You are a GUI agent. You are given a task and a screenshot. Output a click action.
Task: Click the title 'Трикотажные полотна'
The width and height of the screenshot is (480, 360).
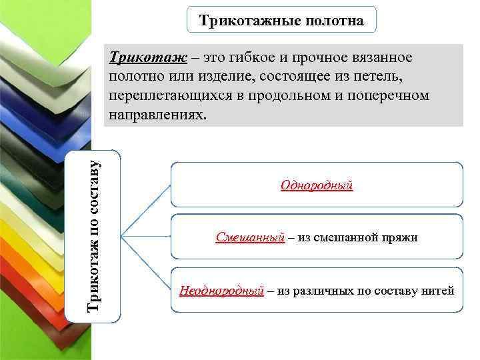click(x=281, y=21)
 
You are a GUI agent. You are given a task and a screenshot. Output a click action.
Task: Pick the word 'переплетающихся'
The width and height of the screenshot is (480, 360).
click(x=171, y=96)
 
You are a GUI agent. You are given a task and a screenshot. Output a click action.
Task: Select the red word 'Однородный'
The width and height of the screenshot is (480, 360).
click(x=317, y=185)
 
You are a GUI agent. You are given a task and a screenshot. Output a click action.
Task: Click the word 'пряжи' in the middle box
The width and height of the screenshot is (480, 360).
click(x=399, y=237)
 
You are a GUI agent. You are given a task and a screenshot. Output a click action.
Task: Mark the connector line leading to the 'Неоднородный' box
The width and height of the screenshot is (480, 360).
click(x=147, y=263)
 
